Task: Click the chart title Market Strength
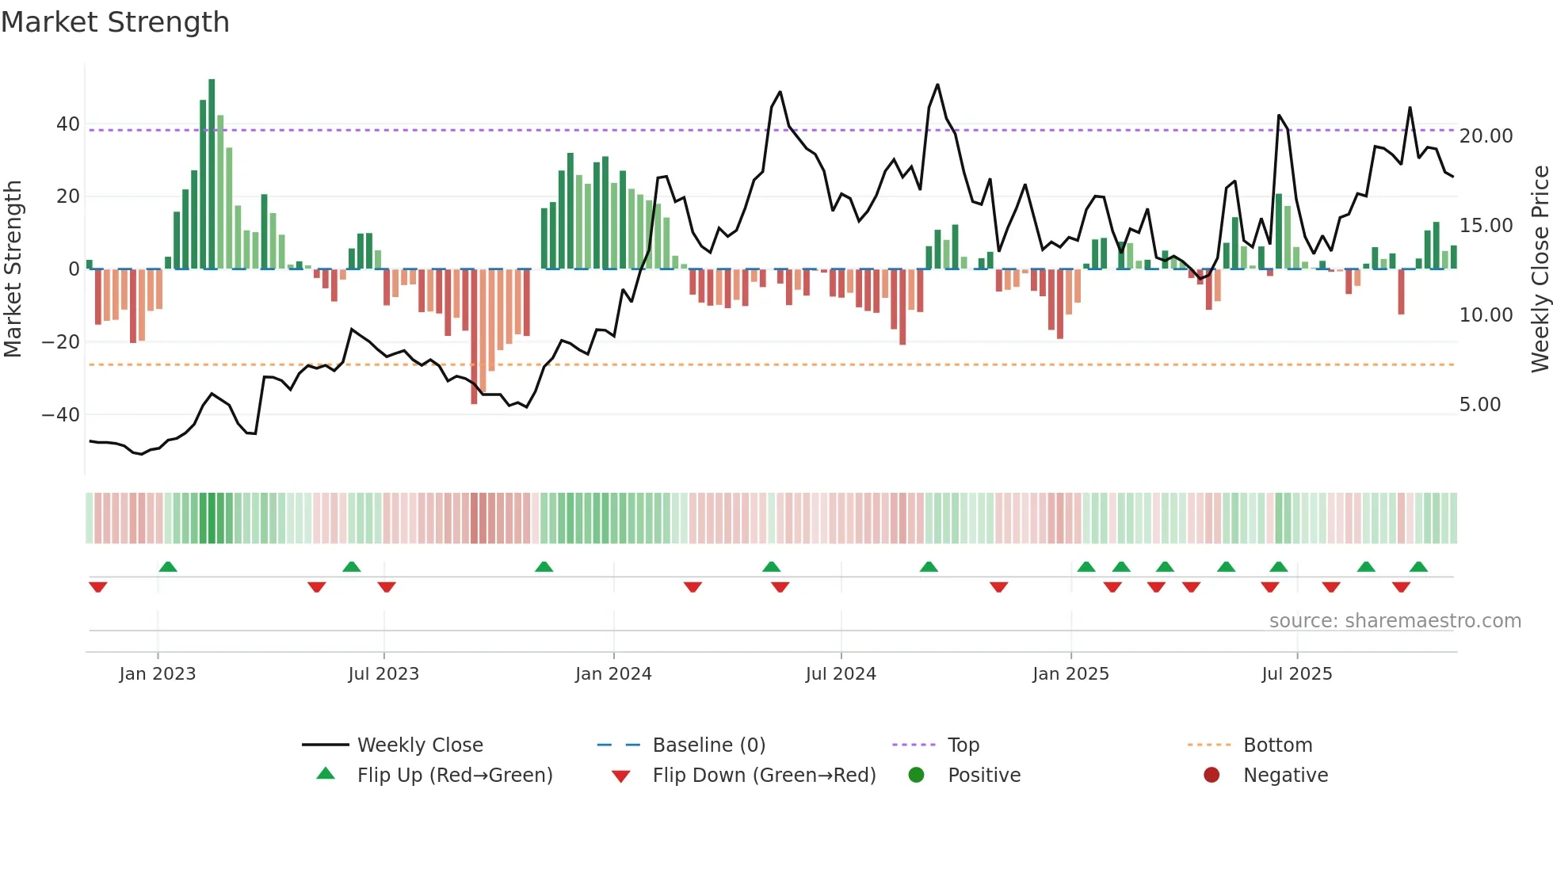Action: [x=115, y=22]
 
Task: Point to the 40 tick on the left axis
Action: [x=68, y=124]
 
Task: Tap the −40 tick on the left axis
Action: [x=61, y=415]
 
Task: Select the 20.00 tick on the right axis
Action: [x=1486, y=136]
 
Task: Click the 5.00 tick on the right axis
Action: [x=1480, y=405]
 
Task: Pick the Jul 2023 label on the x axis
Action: [x=383, y=674]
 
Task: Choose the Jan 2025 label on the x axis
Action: [x=1070, y=674]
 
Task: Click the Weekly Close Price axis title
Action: [x=1540, y=269]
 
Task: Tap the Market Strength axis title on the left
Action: [x=13, y=269]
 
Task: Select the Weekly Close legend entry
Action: [x=419, y=745]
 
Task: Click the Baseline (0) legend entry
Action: [x=708, y=745]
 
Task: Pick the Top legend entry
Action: [x=963, y=745]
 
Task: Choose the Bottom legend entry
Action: [x=1277, y=745]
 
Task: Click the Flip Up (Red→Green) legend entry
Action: [x=454, y=776]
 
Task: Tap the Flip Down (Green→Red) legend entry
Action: [x=764, y=776]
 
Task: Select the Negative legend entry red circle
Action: [x=1211, y=776]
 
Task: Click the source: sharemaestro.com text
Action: [x=1395, y=621]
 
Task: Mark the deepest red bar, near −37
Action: [x=474, y=337]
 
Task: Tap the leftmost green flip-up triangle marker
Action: [x=168, y=566]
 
